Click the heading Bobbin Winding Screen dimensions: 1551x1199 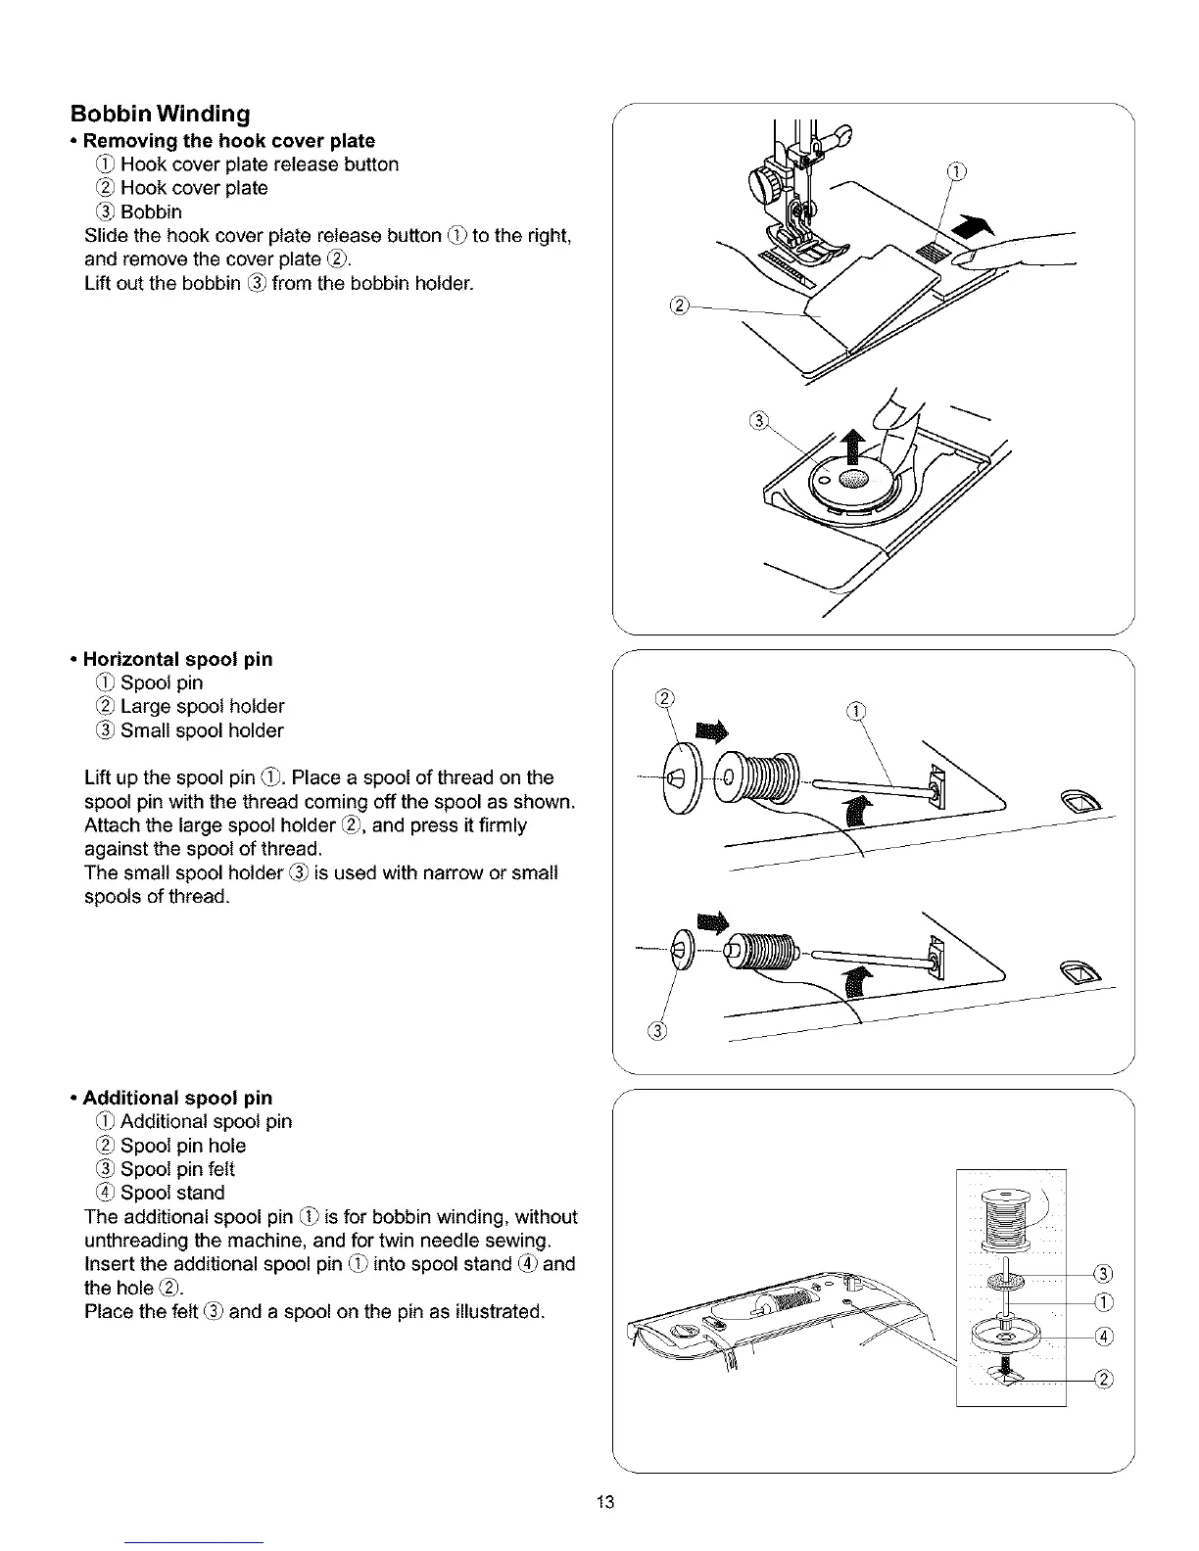tap(160, 115)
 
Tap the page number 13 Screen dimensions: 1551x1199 tap(604, 1503)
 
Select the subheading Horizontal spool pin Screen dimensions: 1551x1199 tap(177, 659)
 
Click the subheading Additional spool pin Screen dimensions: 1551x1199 tap(177, 1098)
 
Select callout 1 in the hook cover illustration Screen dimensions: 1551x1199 tap(957, 173)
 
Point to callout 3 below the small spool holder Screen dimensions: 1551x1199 tap(657, 1031)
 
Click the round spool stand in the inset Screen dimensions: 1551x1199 tap(1007, 1334)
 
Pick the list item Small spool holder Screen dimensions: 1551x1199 tap(201, 730)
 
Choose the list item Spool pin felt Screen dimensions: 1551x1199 tap(176, 1169)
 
